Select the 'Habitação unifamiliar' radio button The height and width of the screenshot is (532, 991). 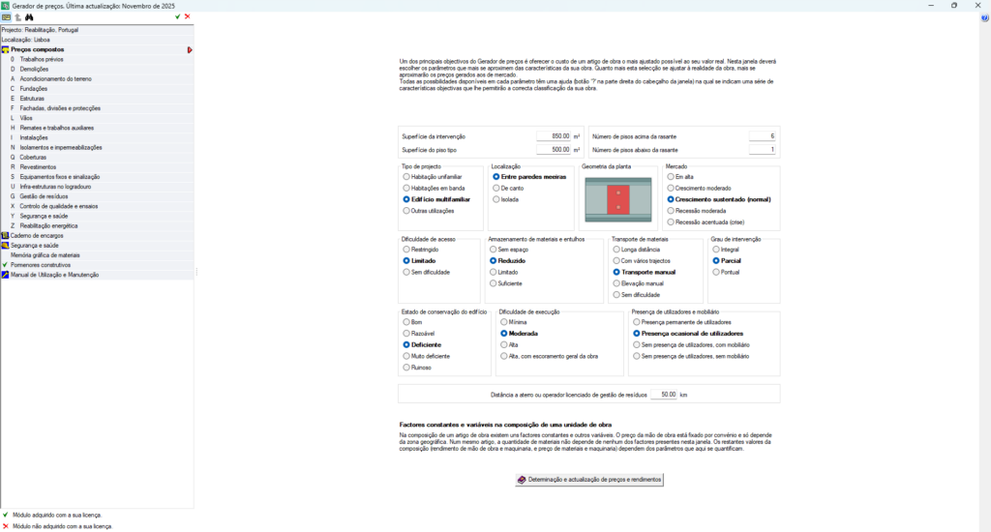pos(406,177)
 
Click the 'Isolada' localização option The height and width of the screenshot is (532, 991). pos(495,199)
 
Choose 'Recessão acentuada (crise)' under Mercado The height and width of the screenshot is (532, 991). pos(670,222)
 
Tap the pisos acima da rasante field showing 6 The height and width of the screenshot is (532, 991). pos(762,136)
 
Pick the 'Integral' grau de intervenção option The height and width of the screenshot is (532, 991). pos(716,250)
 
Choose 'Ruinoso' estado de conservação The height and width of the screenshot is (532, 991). pos(406,368)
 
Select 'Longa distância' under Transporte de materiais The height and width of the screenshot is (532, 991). pos(616,250)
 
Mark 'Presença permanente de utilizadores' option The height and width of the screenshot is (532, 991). pos(636,321)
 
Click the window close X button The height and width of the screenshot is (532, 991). pos(976,5)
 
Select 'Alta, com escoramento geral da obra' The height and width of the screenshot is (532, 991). pos(503,356)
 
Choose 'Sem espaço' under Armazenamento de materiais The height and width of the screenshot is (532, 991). pos(494,250)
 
